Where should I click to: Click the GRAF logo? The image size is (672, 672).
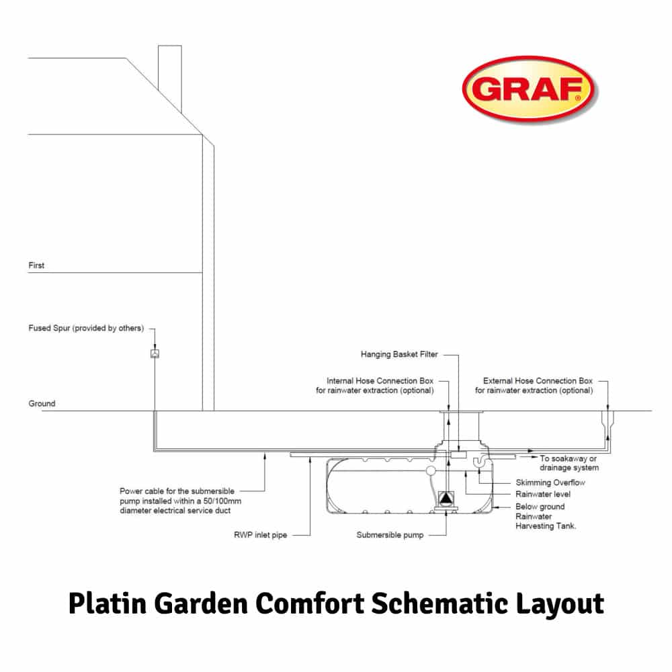[530, 89]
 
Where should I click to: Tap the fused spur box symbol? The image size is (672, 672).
[155, 353]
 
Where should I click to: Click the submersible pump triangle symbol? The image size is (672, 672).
[446, 498]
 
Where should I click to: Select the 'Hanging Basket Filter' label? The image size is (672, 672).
[399, 354]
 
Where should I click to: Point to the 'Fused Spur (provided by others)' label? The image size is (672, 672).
[86, 329]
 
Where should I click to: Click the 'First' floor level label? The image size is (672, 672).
[36, 265]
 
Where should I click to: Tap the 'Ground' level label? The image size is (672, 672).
[42, 404]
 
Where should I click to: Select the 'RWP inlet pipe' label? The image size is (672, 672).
[260, 535]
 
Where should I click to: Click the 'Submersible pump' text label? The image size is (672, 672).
[390, 535]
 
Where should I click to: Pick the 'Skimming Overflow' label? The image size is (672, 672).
[550, 482]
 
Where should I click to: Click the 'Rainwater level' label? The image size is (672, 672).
[542, 494]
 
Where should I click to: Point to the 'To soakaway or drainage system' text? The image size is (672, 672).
[569, 463]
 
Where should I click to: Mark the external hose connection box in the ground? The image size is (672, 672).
[607, 419]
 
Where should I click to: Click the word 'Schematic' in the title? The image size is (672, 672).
[439, 603]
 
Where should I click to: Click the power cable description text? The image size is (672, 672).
[180, 501]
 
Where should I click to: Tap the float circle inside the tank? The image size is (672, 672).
[431, 471]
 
